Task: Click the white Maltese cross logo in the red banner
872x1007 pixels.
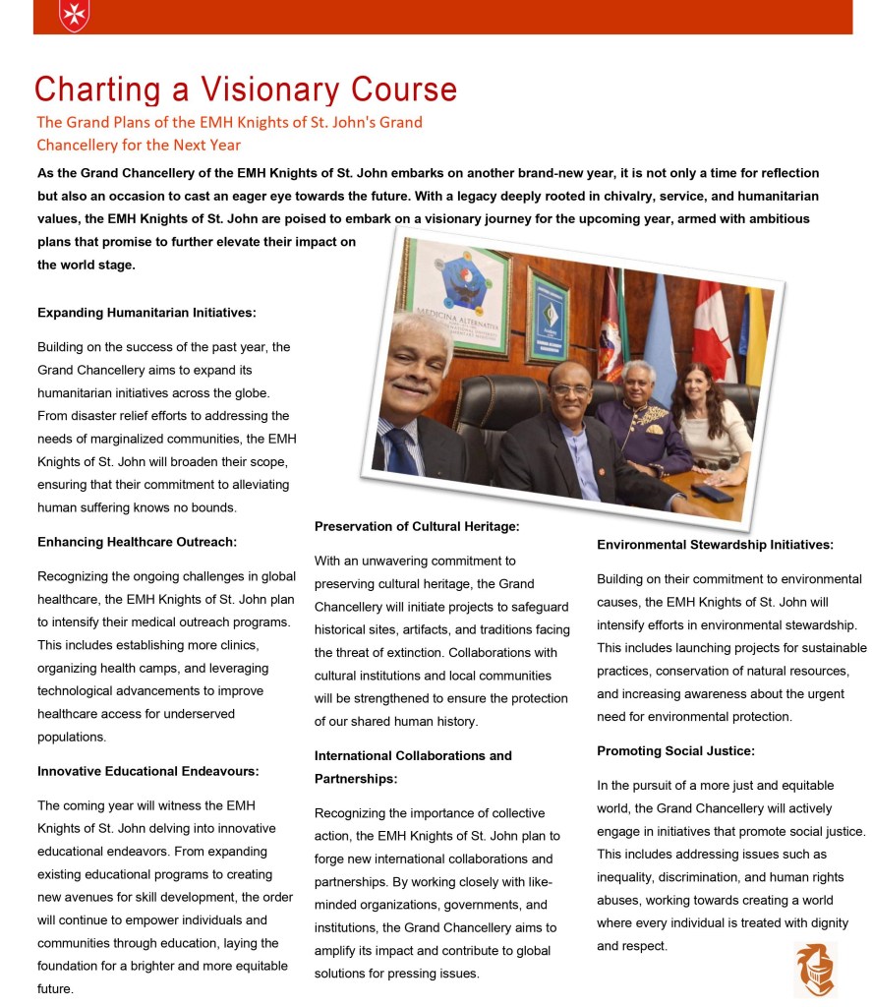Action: click(73, 13)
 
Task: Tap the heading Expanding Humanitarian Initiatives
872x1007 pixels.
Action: click(146, 313)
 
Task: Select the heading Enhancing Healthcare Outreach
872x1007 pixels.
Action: click(137, 542)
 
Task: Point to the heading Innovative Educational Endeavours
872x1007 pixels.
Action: click(148, 771)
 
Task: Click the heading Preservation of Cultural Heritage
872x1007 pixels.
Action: click(417, 527)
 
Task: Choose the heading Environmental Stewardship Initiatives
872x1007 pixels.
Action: click(715, 545)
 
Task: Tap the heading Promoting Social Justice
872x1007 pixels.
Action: click(675, 751)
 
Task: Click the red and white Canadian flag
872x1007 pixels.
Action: click(715, 334)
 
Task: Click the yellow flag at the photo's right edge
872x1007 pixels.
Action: click(755, 334)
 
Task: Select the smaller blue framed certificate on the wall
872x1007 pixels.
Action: click(547, 315)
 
